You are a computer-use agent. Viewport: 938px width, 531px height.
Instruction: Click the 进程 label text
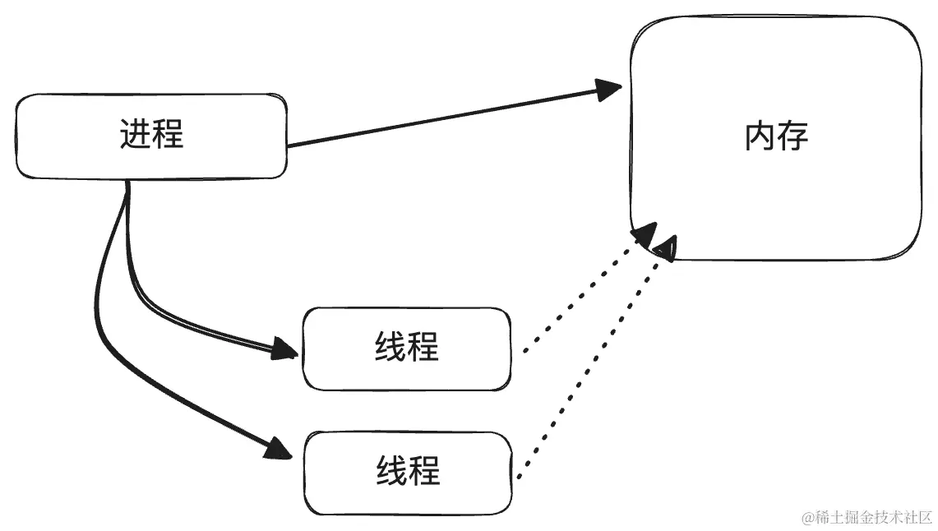pyautogui.click(x=152, y=133)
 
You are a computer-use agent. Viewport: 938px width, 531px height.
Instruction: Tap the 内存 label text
pyautogui.click(x=776, y=136)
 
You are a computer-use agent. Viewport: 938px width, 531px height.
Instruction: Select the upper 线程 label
pyautogui.click(x=407, y=347)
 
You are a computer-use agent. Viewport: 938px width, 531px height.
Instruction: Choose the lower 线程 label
pyautogui.click(x=408, y=471)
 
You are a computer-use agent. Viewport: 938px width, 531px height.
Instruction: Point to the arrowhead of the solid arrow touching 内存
pyautogui.click(x=609, y=89)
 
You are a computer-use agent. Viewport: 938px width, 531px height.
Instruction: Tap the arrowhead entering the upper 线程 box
pyautogui.click(x=284, y=349)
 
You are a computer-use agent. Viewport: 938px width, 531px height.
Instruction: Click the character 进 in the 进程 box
pyautogui.click(x=136, y=133)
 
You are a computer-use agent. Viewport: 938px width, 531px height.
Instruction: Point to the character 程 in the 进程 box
pyautogui.click(x=169, y=133)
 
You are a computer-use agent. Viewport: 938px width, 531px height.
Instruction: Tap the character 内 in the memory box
pyautogui.click(x=760, y=136)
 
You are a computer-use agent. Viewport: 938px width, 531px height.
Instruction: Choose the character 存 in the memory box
pyautogui.click(x=792, y=136)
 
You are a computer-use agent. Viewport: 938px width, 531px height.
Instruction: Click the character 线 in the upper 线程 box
pyautogui.click(x=390, y=347)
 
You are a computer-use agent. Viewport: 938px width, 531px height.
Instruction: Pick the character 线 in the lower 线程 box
pyautogui.click(x=391, y=471)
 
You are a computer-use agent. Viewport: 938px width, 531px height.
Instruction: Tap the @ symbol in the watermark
pyautogui.click(x=808, y=517)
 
